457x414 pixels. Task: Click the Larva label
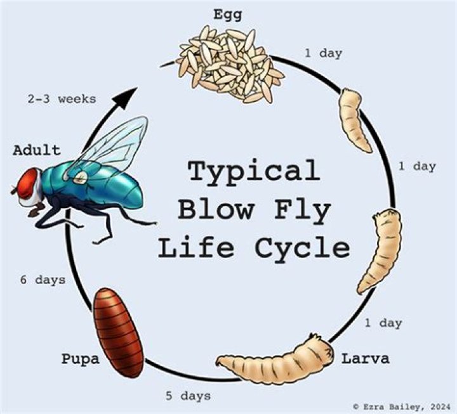pyautogui.click(x=366, y=359)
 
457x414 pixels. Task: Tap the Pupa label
pyautogui.click(x=81, y=359)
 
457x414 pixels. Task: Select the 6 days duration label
pyautogui.click(x=42, y=280)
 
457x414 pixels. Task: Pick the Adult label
pyautogui.click(x=36, y=150)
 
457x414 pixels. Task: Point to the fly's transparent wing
pyautogui.click(x=114, y=146)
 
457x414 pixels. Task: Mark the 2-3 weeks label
pyautogui.click(x=62, y=99)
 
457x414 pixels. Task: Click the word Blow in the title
pyautogui.click(x=215, y=210)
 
